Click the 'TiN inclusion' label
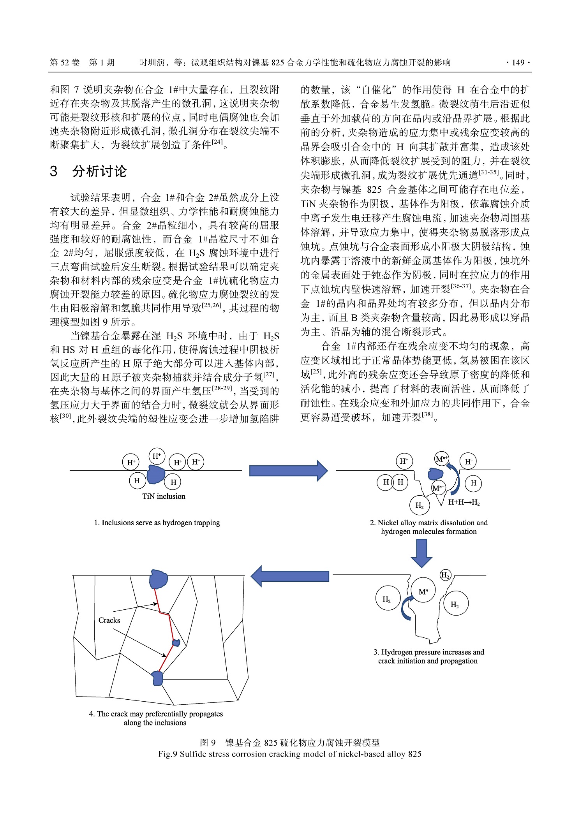pos(164,496)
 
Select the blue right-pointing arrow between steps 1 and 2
pos(288,471)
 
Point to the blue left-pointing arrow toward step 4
pos(290,576)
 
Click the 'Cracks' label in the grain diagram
pos(109,620)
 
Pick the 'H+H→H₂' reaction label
pos(464,502)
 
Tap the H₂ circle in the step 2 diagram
pos(420,506)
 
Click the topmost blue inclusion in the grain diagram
pos(159,579)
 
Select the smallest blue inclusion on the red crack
pos(176,642)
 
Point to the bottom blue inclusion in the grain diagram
pos(157,678)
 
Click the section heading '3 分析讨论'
pos(88,171)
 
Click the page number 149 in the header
pos(518,63)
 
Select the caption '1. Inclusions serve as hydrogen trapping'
pos(157,523)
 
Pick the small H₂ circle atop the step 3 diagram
pos(445,575)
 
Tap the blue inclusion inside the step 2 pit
pos(435,474)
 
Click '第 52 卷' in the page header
pos(65,63)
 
